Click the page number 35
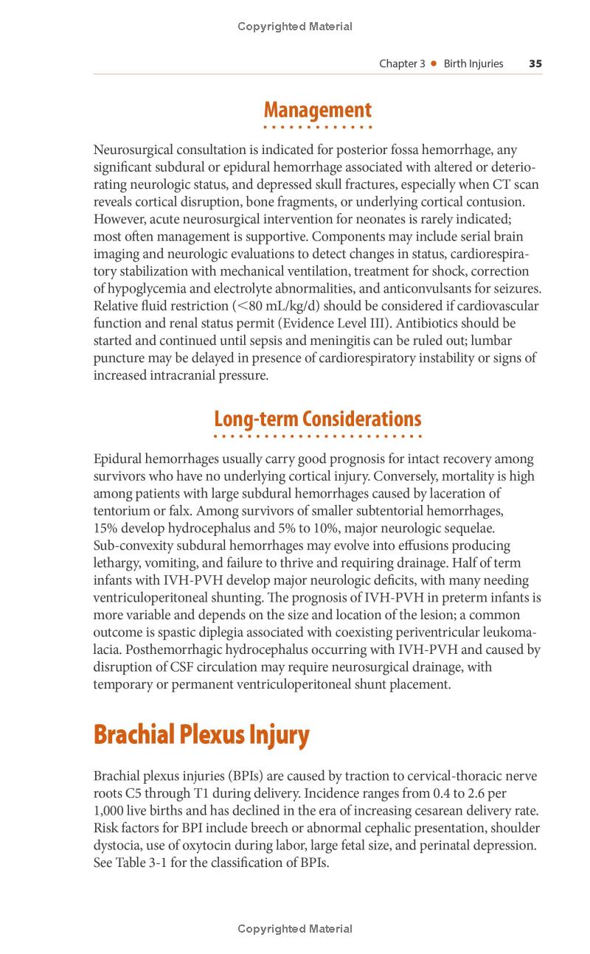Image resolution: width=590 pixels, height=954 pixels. click(535, 63)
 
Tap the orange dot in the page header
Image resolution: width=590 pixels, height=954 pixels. click(434, 63)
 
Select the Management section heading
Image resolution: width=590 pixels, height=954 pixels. click(317, 110)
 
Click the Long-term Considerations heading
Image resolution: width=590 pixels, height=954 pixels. click(317, 419)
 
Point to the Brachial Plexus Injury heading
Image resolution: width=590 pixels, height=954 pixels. click(201, 734)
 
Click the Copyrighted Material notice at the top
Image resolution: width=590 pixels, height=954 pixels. click(295, 27)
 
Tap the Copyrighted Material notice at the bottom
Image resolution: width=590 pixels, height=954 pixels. click(295, 929)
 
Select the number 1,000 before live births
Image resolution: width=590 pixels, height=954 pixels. click(110, 810)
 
